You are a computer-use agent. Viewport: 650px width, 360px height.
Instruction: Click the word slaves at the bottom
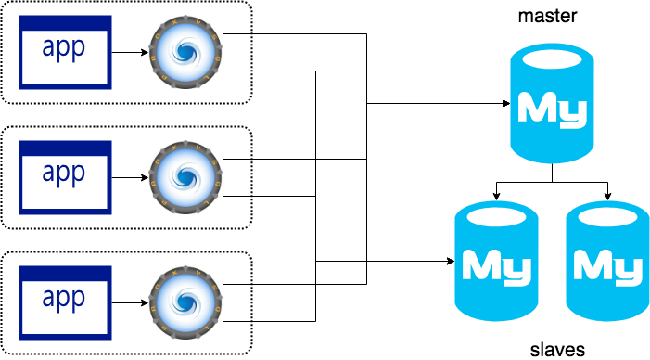(x=556, y=350)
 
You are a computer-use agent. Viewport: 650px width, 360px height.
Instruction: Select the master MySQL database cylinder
(x=553, y=105)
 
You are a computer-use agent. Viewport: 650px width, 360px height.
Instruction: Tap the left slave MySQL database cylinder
(x=496, y=260)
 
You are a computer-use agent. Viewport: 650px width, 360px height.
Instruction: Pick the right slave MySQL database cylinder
(x=607, y=260)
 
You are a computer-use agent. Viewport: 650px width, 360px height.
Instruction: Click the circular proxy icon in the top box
(x=185, y=52)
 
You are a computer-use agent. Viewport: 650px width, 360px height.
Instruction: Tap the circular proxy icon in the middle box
(x=185, y=176)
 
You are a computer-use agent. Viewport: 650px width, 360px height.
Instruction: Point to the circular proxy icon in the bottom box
(x=185, y=301)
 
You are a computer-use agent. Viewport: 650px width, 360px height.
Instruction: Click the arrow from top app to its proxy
(x=130, y=53)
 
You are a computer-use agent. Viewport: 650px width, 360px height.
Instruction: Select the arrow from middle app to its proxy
(x=130, y=176)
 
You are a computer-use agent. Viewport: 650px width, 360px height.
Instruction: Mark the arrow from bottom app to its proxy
(x=130, y=302)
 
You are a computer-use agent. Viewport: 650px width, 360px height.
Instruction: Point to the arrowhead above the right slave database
(x=608, y=196)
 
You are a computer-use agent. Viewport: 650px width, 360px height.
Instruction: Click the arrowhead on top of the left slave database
(x=497, y=196)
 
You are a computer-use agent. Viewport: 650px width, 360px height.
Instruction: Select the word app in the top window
(x=65, y=48)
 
